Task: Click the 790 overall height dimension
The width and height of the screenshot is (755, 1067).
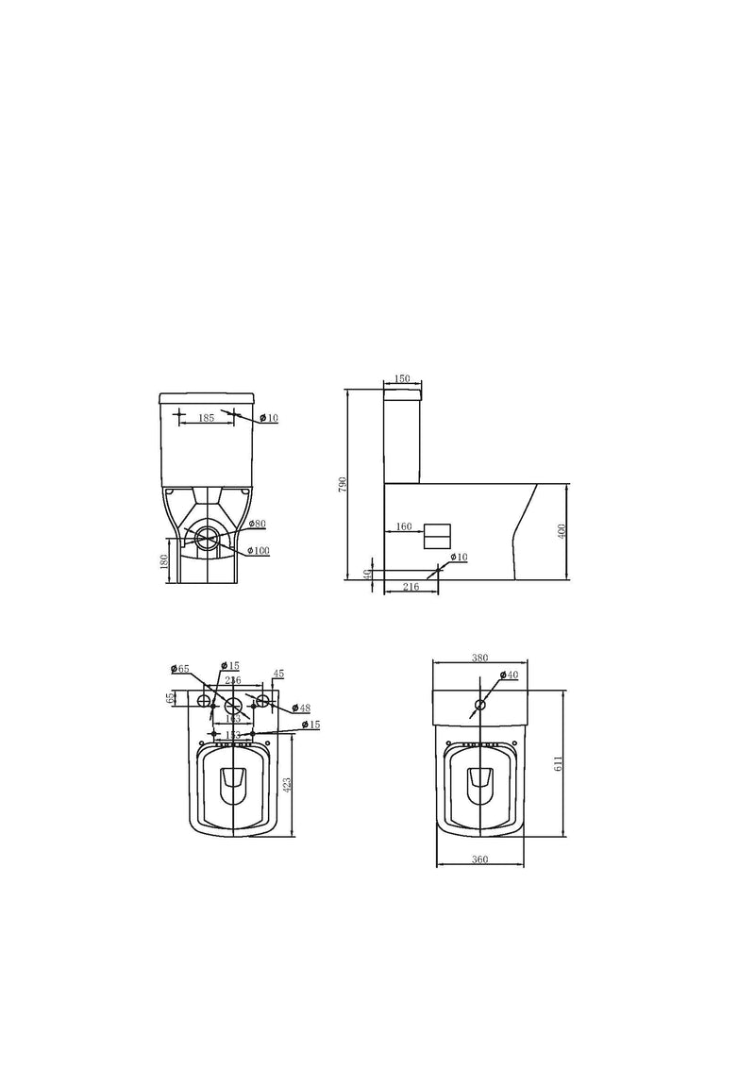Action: pyautogui.click(x=344, y=482)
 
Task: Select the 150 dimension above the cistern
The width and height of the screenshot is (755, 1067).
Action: pyautogui.click(x=402, y=379)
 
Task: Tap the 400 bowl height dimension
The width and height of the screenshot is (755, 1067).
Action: pyautogui.click(x=562, y=531)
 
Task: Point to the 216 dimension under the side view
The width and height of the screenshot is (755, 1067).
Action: pyautogui.click(x=411, y=588)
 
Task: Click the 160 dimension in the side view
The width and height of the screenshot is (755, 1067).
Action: pyautogui.click(x=403, y=526)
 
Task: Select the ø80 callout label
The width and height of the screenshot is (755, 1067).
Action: pyautogui.click(x=258, y=524)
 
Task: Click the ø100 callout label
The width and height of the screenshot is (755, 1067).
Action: pyautogui.click(x=259, y=550)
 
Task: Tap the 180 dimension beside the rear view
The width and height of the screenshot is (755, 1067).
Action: pyautogui.click(x=164, y=561)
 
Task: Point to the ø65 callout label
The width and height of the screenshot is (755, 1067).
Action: pyautogui.click(x=180, y=669)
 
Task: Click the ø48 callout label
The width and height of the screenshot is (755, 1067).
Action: pyautogui.click(x=301, y=708)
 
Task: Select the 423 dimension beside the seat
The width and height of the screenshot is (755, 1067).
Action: pyautogui.click(x=287, y=782)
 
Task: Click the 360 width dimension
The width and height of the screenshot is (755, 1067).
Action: pyautogui.click(x=479, y=859)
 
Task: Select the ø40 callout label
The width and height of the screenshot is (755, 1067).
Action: pyautogui.click(x=509, y=675)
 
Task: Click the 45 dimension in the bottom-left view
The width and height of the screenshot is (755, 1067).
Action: pyautogui.click(x=278, y=674)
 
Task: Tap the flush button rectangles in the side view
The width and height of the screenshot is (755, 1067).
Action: pyautogui.click(x=438, y=535)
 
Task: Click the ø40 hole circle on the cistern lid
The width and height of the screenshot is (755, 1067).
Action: pyautogui.click(x=480, y=705)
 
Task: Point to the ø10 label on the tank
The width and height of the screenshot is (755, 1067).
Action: pyautogui.click(x=268, y=418)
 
